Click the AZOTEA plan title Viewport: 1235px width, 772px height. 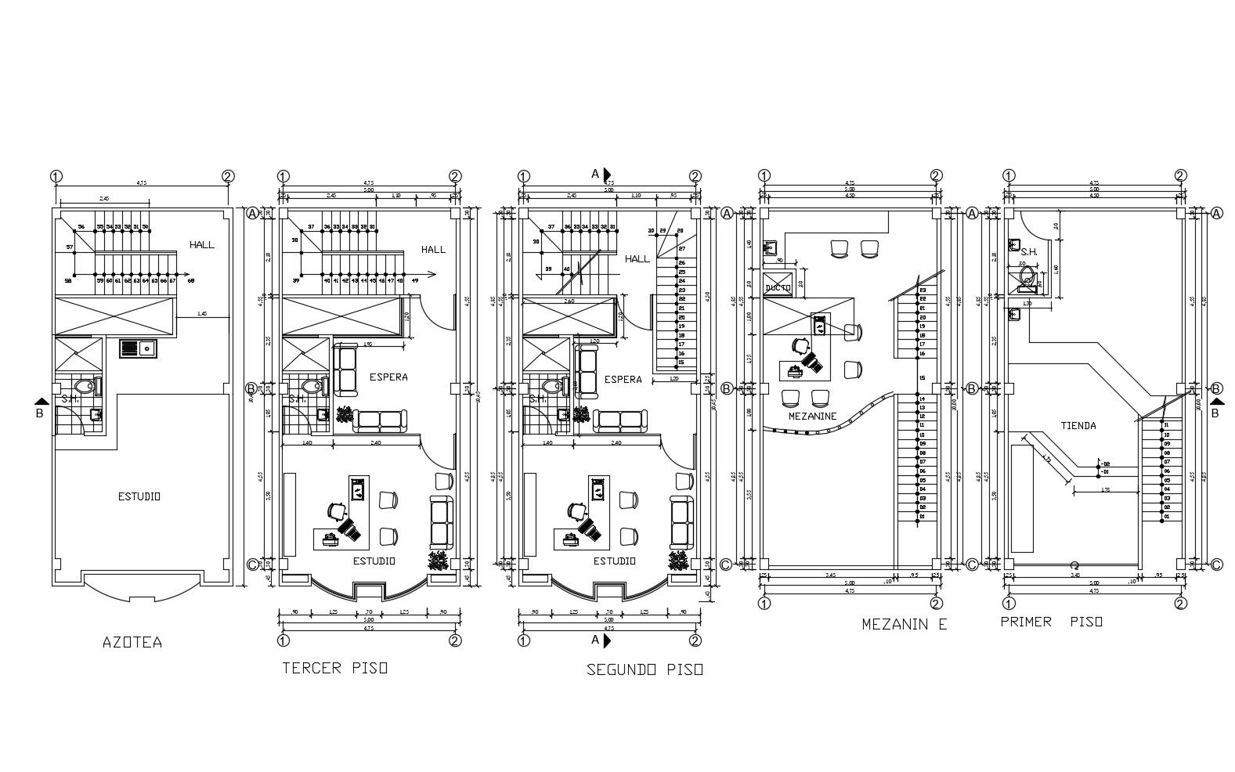point(132,642)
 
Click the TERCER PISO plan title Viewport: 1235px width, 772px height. point(334,668)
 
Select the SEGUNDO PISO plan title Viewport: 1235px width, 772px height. point(645,669)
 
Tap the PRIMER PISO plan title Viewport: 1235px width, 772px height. point(1051,622)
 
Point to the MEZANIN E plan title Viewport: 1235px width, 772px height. point(904,624)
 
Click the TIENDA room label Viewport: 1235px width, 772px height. point(1078,426)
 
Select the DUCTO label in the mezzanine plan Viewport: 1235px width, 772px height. point(777,288)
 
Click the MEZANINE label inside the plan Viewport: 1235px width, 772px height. point(812,417)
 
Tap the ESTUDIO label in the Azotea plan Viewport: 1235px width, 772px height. point(139,496)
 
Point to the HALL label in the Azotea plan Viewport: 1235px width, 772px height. point(201,245)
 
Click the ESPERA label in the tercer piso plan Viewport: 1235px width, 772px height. point(388,377)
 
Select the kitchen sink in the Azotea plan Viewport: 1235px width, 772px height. point(139,348)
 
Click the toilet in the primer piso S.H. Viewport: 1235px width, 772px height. point(1028,279)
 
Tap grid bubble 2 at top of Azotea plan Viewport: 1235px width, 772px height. point(227,176)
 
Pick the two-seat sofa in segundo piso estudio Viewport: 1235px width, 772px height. point(682,521)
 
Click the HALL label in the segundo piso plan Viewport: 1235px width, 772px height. point(637,258)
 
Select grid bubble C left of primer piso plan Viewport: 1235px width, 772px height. point(972,565)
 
